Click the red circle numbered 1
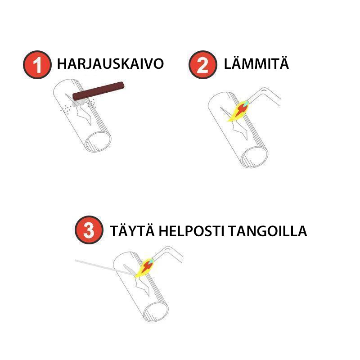37,65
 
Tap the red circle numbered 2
203,65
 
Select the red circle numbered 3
89,230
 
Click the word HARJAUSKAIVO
110,63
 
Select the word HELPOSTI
191,231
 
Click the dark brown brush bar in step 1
98,91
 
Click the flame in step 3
144,268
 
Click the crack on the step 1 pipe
81,110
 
